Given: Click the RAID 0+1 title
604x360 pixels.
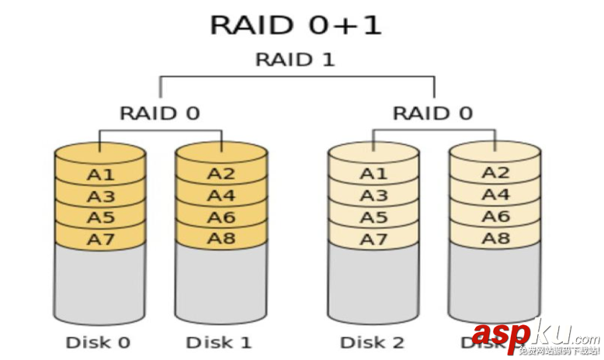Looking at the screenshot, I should point(296,25).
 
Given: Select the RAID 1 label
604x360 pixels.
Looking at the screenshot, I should point(296,60).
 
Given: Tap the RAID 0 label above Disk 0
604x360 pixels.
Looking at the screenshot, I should point(159,113).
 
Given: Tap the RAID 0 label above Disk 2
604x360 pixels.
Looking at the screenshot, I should point(432,113).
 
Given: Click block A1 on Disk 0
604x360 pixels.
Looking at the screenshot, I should point(100,175).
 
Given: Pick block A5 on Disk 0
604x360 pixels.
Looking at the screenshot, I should point(100,218).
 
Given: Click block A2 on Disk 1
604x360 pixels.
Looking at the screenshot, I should point(221,174).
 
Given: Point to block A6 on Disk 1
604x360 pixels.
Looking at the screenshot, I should point(221,217).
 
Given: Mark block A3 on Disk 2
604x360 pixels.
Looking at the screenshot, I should point(373,196).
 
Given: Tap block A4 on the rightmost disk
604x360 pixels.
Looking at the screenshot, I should point(495,195).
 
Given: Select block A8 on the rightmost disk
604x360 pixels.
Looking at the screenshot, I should point(495,238).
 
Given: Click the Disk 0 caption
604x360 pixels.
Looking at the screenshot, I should point(98,342).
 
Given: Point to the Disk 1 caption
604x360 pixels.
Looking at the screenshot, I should point(220,342).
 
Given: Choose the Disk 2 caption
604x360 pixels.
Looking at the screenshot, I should point(373,342).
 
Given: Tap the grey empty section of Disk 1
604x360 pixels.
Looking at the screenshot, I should point(221,283).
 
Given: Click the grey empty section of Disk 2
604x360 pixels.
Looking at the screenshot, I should point(373,283).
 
